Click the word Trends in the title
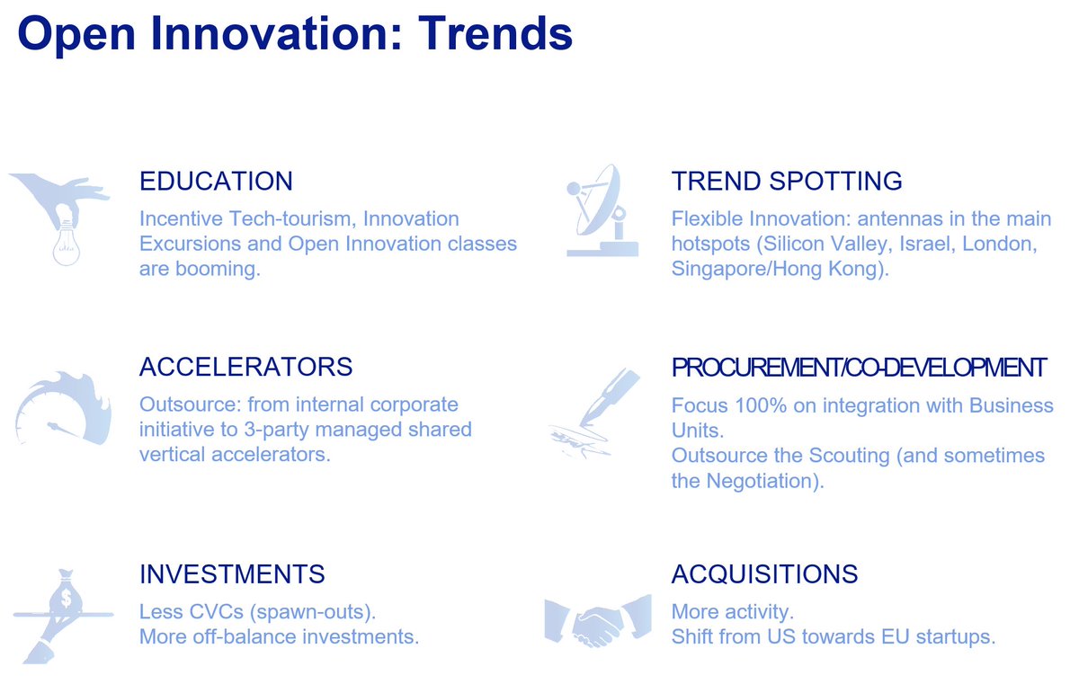[x=495, y=33]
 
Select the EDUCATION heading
[x=217, y=181]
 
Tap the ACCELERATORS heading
[x=246, y=367]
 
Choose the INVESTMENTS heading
[x=232, y=574]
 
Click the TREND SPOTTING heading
[x=787, y=181]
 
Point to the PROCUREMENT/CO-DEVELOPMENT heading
[x=860, y=368]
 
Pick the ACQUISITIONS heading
[x=765, y=574]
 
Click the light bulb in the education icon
[x=67, y=244]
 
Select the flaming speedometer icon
[x=64, y=408]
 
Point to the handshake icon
[x=598, y=621]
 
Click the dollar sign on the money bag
[x=66, y=599]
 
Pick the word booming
[x=218, y=270]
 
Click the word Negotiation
[x=765, y=481]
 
